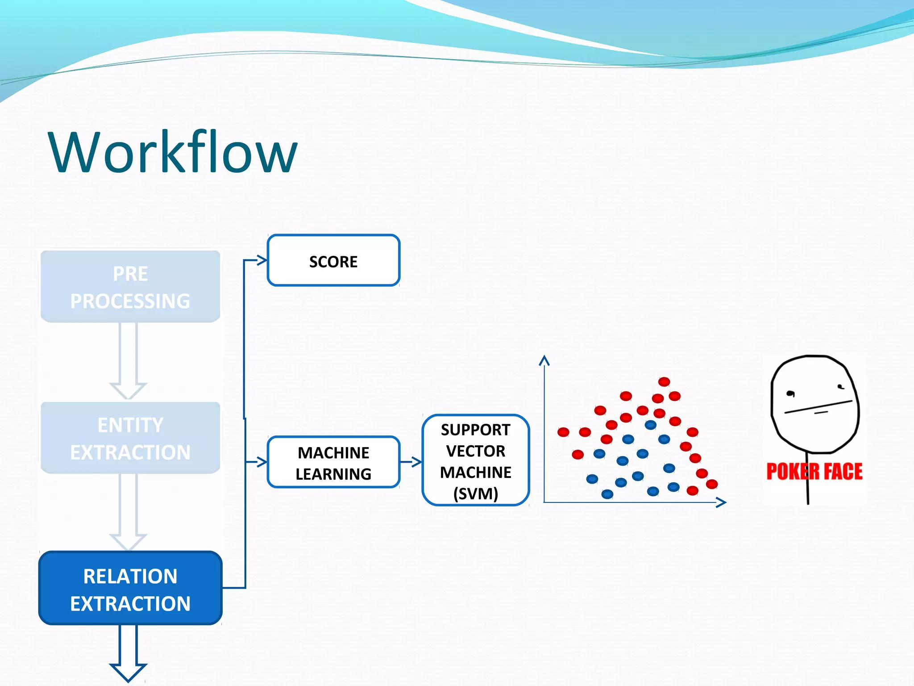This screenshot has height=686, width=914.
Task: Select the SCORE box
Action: pyautogui.click(x=333, y=260)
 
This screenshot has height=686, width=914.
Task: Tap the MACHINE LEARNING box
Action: pyautogui.click(x=333, y=462)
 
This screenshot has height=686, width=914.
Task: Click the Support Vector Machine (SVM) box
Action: pyautogui.click(x=475, y=460)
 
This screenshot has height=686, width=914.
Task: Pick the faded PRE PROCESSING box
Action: pyautogui.click(x=130, y=287)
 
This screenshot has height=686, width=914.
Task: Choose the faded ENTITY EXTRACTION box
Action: pyautogui.click(x=130, y=438)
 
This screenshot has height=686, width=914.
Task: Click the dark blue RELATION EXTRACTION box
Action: pyautogui.click(x=130, y=589)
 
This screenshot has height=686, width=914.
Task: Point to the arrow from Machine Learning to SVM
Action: pyautogui.click(x=411, y=462)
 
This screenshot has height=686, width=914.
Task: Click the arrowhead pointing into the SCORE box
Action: pyautogui.click(x=262, y=260)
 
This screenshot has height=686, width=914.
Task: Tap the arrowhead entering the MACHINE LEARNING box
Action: pyautogui.click(x=262, y=462)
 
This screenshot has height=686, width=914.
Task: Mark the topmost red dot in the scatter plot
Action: pyautogui.click(x=664, y=381)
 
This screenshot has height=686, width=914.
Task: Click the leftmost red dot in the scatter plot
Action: pyautogui.click(x=563, y=432)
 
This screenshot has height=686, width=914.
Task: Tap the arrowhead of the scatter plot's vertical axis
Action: pyautogui.click(x=544, y=360)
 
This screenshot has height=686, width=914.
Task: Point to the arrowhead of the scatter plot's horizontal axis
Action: pyautogui.click(x=721, y=502)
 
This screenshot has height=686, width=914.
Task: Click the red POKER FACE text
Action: pyautogui.click(x=814, y=472)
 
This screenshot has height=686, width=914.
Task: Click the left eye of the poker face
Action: pyautogui.click(x=790, y=393)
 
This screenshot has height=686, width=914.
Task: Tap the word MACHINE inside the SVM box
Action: pyautogui.click(x=475, y=473)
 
